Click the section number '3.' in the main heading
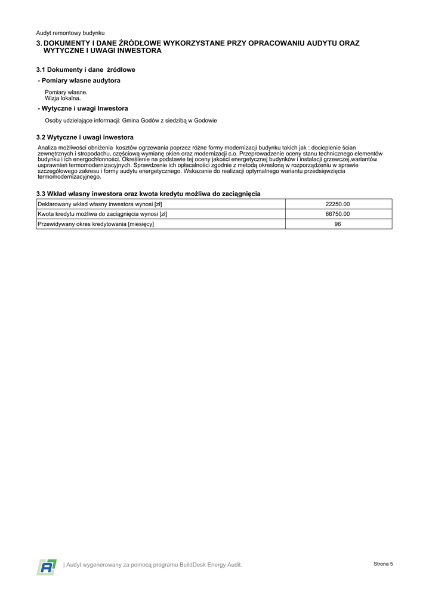click(x=39, y=44)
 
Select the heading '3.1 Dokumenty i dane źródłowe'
click(x=85, y=70)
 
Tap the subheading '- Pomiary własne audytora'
click(x=79, y=81)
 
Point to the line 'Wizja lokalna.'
click(x=63, y=98)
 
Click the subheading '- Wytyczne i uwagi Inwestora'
click(x=82, y=109)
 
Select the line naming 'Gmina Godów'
click(x=131, y=121)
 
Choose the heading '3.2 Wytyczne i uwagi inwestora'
click(x=85, y=137)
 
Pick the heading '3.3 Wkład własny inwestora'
click(x=148, y=194)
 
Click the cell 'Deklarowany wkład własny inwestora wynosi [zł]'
click(x=100, y=204)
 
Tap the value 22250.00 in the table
click(x=338, y=204)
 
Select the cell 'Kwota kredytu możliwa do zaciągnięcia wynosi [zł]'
click(x=102, y=214)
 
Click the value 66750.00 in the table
click(x=338, y=214)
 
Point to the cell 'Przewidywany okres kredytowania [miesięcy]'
click(x=95, y=224)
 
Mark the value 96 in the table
click(x=338, y=224)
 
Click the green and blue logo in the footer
click(x=47, y=567)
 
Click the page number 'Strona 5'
click(x=383, y=564)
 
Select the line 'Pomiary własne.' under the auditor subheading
click(x=66, y=93)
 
